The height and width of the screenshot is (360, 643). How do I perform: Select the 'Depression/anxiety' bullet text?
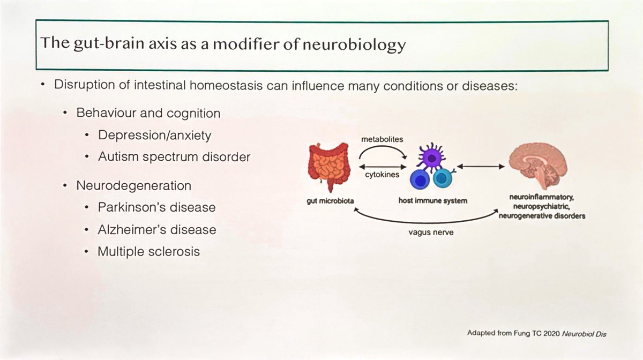(x=154, y=135)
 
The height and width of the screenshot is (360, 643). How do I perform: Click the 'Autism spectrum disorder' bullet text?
(x=174, y=157)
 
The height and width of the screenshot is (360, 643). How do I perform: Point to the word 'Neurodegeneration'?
(x=134, y=186)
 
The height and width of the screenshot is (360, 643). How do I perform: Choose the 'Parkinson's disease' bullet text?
(x=156, y=207)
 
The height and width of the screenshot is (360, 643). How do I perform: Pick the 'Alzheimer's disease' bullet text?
(x=157, y=229)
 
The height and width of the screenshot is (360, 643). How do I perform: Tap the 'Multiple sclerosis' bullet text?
(x=148, y=251)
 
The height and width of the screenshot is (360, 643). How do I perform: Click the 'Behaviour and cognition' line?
(x=148, y=114)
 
